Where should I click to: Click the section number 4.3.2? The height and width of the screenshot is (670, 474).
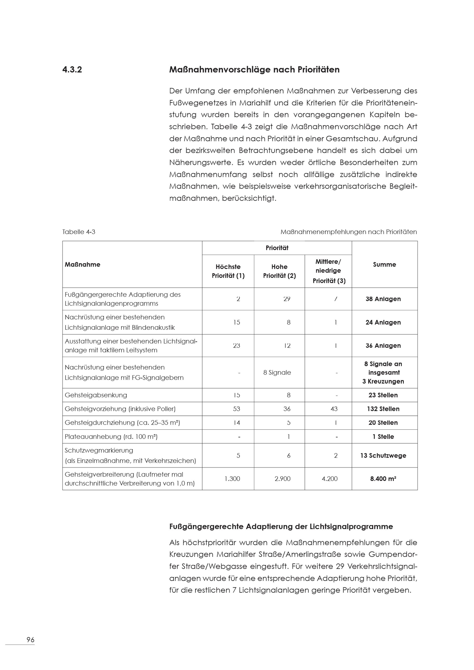pos(72,70)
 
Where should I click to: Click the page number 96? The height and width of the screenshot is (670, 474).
pos(30,640)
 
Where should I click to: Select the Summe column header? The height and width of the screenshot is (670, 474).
pos(384,264)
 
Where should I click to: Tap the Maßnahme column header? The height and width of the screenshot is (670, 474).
pos(83,264)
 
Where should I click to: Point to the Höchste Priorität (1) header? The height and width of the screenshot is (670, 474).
pos(228,271)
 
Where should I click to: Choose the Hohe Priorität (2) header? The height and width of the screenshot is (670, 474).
pos(279,271)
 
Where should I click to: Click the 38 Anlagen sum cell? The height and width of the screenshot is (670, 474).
pos(383,299)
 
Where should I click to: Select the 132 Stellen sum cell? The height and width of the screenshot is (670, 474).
pos(383,409)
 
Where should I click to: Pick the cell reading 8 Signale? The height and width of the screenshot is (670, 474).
pos(277,372)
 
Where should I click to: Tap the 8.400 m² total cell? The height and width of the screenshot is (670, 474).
pos(383,479)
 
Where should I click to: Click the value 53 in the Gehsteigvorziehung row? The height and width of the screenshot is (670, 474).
pos(237,409)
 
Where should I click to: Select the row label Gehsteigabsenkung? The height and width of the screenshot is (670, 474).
pos(96,395)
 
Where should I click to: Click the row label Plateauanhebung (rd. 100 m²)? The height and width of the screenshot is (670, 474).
pos(111,437)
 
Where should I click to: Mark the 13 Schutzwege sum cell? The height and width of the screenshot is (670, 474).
pos(383,456)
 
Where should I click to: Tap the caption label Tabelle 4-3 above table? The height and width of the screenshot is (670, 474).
pos(79,232)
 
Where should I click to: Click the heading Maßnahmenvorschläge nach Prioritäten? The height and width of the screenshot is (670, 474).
pos(254,70)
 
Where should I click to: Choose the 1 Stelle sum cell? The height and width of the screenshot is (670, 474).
pos(383,437)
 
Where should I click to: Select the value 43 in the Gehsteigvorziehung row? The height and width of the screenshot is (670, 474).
pos(334,409)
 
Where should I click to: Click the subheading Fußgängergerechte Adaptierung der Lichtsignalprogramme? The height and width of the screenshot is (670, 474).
pos(281,526)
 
